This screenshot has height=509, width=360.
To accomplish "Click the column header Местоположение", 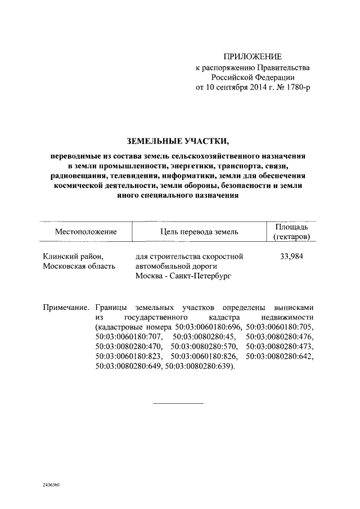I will click(x=85, y=232).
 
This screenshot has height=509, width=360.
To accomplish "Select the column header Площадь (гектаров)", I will click(x=291, y=232).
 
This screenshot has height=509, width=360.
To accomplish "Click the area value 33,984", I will click(x=291, y=256).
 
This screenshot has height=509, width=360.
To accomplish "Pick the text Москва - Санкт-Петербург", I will click(x=183, y=276).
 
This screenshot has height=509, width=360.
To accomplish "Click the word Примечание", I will click(x=66, y=308).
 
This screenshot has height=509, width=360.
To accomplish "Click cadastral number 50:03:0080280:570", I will click(x=205, y=346).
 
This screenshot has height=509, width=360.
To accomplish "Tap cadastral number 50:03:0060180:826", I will click(x=205, y=357).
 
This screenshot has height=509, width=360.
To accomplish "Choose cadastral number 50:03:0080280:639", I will click(x=198, y=366).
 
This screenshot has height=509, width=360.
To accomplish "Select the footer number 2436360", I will click(x=51, y=484).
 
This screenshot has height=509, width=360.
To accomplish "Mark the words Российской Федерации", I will click(x=253, y=78).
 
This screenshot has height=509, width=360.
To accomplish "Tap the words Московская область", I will click(x=79, y=266).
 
